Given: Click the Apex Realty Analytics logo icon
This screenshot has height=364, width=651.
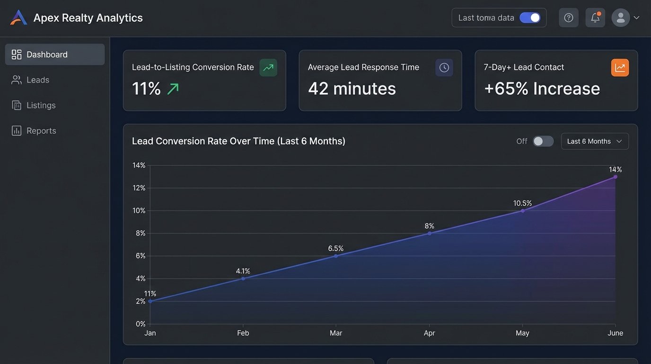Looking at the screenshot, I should (x=18, y=18).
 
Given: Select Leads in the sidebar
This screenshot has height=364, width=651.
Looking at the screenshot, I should (x=38, y=80).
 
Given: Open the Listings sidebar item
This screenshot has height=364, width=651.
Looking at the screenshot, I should (x=41, y=105).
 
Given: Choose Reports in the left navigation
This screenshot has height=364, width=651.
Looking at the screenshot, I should (x=41, y=131).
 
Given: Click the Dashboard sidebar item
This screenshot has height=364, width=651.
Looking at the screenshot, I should (x=47, y=55).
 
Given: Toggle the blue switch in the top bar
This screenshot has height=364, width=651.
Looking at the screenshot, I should (x=529, y=18).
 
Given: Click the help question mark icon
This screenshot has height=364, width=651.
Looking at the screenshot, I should (x=569, y=18).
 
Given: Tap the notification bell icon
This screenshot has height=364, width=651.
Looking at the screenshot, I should (x=595, y=18).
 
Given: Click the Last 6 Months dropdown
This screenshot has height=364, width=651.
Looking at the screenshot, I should (x=595, y=141).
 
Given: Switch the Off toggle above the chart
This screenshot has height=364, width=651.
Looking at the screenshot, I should (x=543, y=141).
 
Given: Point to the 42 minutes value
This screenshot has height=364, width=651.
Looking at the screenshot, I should (x=352, y=89).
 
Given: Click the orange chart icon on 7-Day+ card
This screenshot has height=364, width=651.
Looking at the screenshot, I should (x=620, y=68).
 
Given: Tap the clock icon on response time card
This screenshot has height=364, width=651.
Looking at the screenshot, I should (x=444, y=68).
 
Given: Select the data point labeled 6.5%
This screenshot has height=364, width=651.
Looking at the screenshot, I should (x=336, y=256).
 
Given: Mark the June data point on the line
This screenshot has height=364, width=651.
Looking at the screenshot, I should (x=615, y=177).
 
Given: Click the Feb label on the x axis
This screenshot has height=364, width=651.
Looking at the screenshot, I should (x=243, y=333).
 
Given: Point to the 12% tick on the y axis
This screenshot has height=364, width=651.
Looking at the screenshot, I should (x=139, y=188).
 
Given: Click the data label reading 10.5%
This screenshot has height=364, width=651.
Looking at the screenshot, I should (x=522, y=203).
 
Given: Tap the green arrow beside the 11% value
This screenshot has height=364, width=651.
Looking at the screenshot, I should (x=173, y=89).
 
